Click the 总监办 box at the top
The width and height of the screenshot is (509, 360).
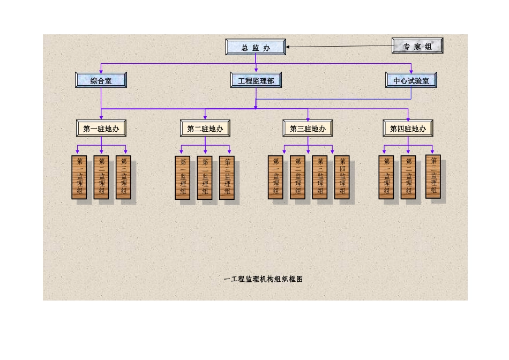[256, 47]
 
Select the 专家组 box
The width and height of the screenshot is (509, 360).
[417, 46]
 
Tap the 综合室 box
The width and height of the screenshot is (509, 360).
[101, 80]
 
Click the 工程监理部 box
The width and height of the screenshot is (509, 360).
[256, 80]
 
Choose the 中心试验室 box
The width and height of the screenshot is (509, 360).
[411, 80]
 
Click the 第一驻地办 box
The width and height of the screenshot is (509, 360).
[101, 129]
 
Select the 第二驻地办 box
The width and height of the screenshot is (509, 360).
[205, 129]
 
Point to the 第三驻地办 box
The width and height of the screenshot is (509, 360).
[308, 129]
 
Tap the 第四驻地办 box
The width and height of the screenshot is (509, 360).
[408, 129]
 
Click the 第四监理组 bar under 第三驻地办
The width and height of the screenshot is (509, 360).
[342, 177]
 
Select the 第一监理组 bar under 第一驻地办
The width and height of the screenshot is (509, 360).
[79, 177]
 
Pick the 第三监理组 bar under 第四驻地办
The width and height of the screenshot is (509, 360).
[433, 176]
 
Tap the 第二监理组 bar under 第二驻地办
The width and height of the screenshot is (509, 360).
[205, 177]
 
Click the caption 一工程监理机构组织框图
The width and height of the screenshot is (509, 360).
[263, 279]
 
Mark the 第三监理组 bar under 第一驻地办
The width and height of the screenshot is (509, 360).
[123, 177]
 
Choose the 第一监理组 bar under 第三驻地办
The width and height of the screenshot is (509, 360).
[275, 177]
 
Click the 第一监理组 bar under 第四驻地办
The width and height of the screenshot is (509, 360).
[386, 177]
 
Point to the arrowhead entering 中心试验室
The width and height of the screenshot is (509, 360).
[411, 71]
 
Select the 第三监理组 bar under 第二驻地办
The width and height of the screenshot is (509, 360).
[227, 177]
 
